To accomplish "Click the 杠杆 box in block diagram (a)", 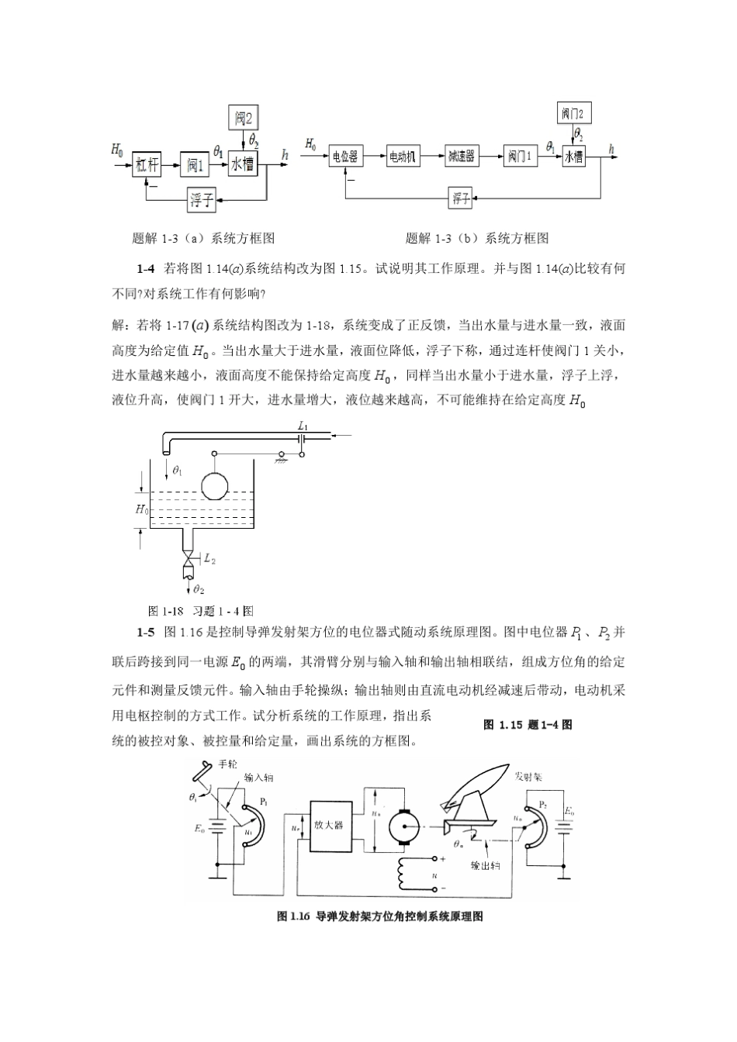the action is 147,164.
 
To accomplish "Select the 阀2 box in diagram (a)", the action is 244,119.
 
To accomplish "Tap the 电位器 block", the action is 345,157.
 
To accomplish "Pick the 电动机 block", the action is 403,157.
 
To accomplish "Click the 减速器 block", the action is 461,157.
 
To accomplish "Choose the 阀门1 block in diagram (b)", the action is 519,157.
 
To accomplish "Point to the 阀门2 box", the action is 573,114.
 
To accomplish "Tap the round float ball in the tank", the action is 216,485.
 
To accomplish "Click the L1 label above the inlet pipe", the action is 303,426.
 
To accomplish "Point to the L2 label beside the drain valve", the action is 209,558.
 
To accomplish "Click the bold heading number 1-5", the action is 147,633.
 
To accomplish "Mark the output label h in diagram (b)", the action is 612,147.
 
